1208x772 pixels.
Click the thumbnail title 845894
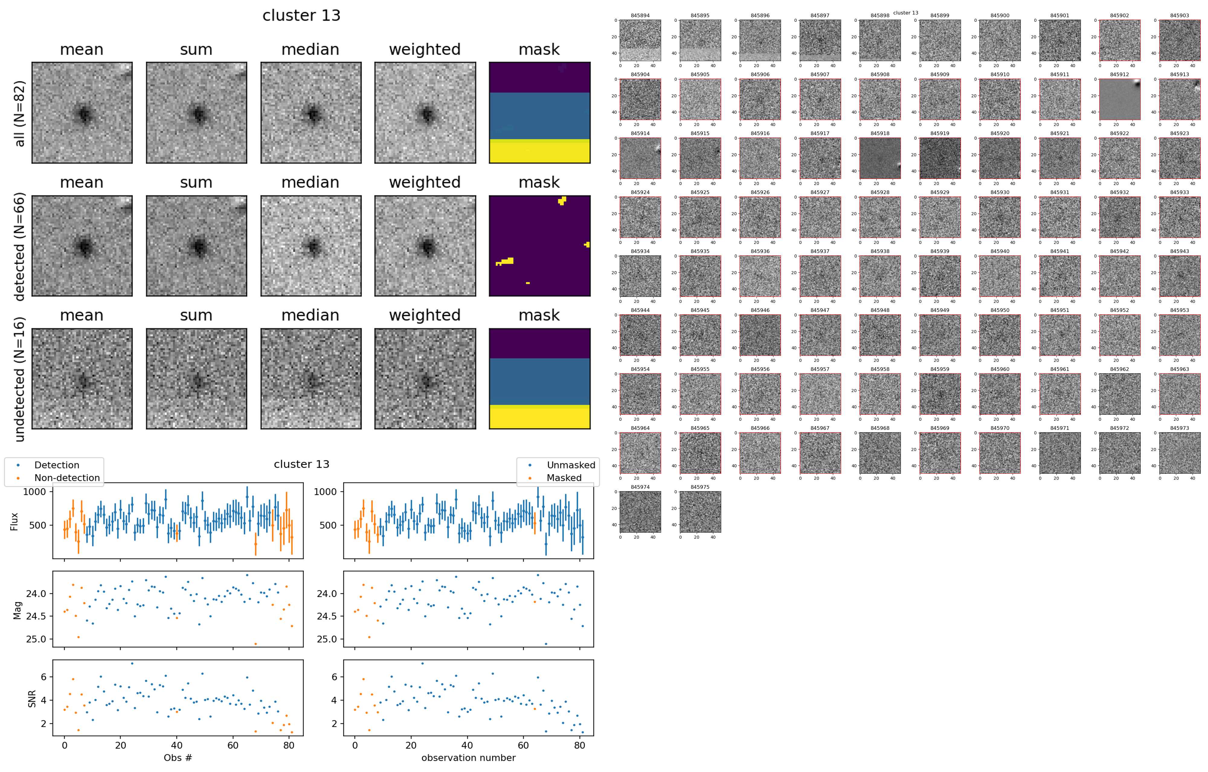pos(640,15)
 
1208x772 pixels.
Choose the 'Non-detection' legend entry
pos(67,478)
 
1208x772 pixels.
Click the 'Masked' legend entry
pos(564,478)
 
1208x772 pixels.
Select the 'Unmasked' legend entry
pos(571,465)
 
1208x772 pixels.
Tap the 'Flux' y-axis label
pos(14,521)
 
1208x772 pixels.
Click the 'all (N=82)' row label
pos(20,114)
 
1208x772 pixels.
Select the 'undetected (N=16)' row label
pos(20,379)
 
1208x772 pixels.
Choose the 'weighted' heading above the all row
pos(424,49)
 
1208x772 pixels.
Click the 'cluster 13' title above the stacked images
pos(301,15)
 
